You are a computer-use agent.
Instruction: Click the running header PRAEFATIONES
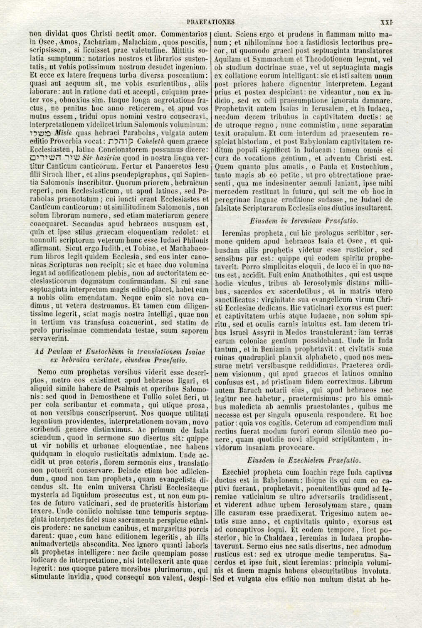[211, 22]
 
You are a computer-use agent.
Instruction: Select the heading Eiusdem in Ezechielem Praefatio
[304, 460]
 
